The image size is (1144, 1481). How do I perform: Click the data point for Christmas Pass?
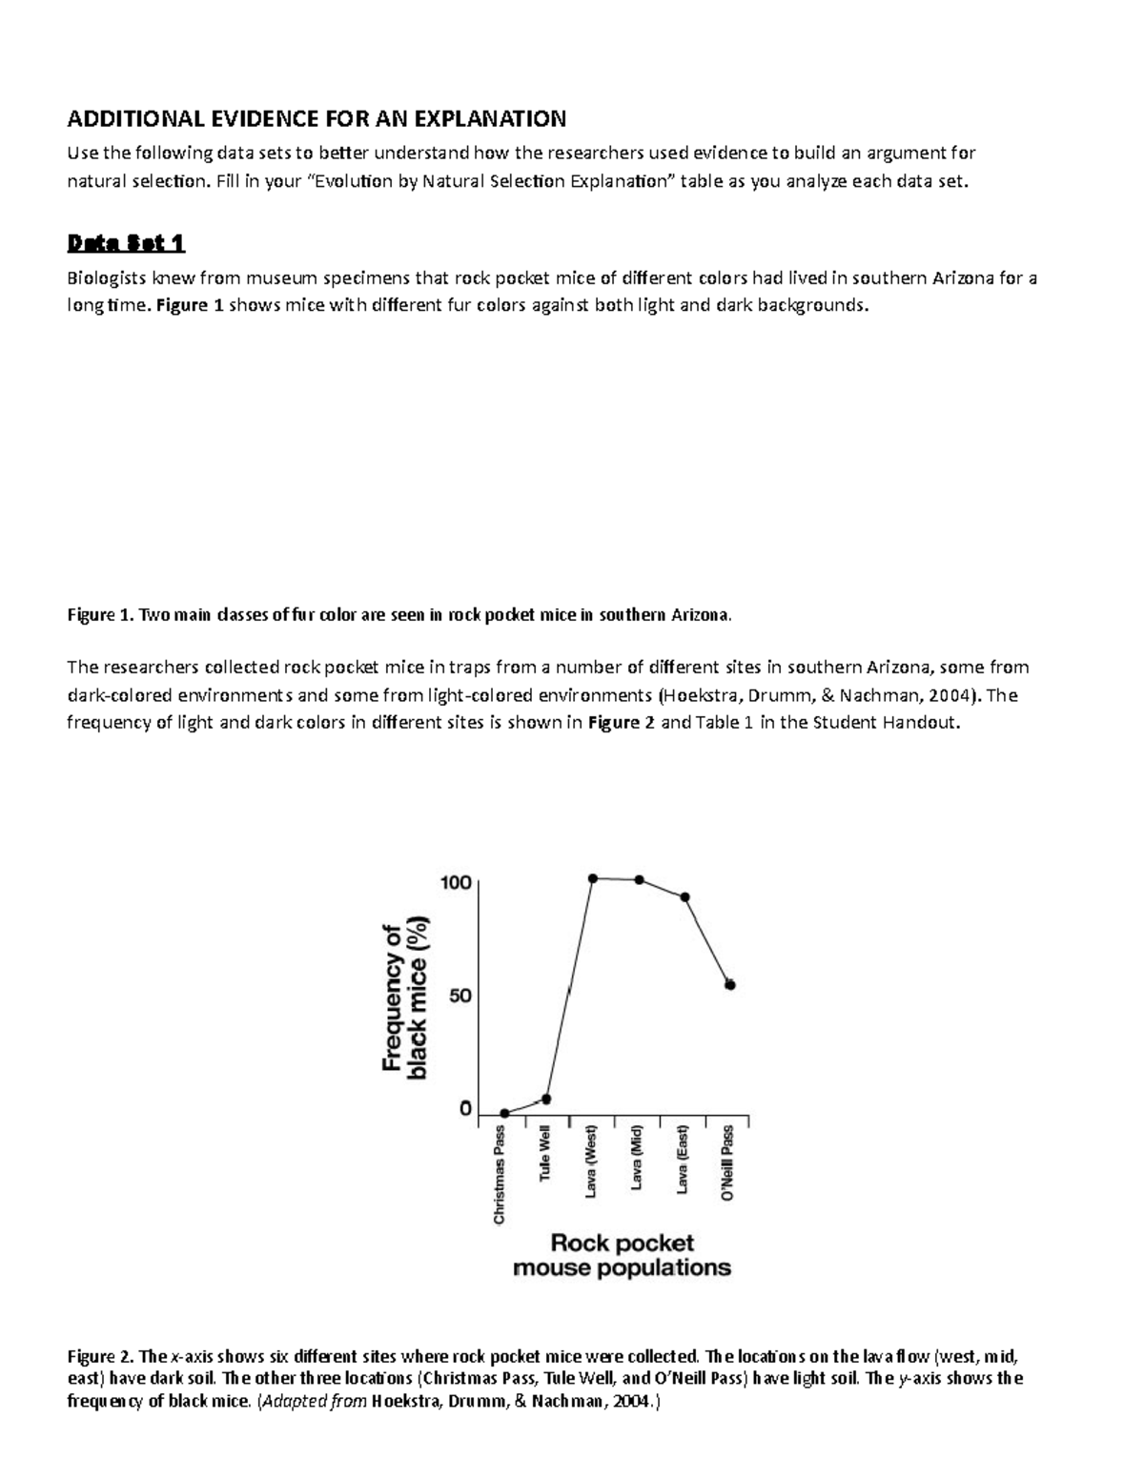(504, 1113)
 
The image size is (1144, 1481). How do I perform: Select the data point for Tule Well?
(546, 1099)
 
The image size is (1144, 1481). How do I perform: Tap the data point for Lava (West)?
(592, 878)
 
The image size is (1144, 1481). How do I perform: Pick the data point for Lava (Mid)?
(639, 879)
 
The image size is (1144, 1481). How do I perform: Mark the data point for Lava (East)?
(684, 897)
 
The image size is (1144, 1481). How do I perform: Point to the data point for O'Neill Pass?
(730, 985)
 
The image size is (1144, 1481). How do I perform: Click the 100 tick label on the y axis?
(455, 882)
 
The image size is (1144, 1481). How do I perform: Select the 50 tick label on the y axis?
(460, 996)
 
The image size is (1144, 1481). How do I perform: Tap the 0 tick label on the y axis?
(465, 1109)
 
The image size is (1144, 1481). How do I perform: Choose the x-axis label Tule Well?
(545, 1155)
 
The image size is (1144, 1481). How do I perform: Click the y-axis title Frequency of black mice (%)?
(404, 998)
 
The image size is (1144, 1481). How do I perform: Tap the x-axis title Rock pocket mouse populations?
(622, 1255)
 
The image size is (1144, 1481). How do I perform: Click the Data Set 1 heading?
(125, 244)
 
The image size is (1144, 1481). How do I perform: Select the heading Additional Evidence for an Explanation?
(316, 118)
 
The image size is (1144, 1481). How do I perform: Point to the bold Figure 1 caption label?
(100, 615)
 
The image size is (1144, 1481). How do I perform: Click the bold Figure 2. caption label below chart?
(100, 1357)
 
